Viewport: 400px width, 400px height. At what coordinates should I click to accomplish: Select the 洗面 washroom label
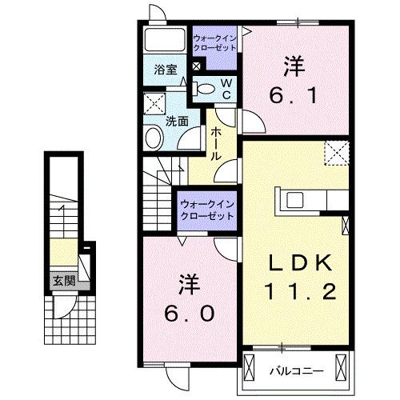click(x=176, y=122)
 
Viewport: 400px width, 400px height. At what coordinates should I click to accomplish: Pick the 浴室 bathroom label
click(x=165, y=70)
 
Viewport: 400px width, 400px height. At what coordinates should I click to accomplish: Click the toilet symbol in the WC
click(x=206, y=89)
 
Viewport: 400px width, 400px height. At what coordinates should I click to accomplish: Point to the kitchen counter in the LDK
click(x=312, y=199)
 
